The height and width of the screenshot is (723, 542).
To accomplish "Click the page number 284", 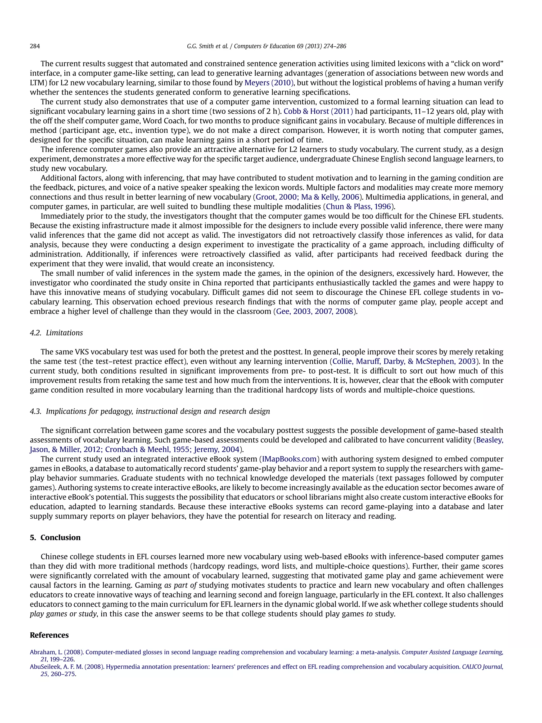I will tap(35, 46).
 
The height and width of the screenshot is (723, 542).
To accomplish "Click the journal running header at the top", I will tap(266, 46).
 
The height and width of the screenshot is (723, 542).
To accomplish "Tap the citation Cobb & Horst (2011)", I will tap(318, 111).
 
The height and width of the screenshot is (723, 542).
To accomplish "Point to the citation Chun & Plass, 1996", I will tap(358, 206).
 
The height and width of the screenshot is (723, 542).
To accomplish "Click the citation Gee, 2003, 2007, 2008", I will tap(315, 312).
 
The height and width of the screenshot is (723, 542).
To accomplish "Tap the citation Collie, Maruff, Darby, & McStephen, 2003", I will tap(404, 362).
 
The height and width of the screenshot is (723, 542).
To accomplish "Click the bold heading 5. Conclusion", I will tap(55, 538).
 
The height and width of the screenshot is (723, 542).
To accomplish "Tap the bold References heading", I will tap(49, 635).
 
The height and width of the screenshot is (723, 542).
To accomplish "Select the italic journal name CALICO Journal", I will tap(482, 667).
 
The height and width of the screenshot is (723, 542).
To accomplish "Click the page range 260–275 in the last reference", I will tap(63, 674).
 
